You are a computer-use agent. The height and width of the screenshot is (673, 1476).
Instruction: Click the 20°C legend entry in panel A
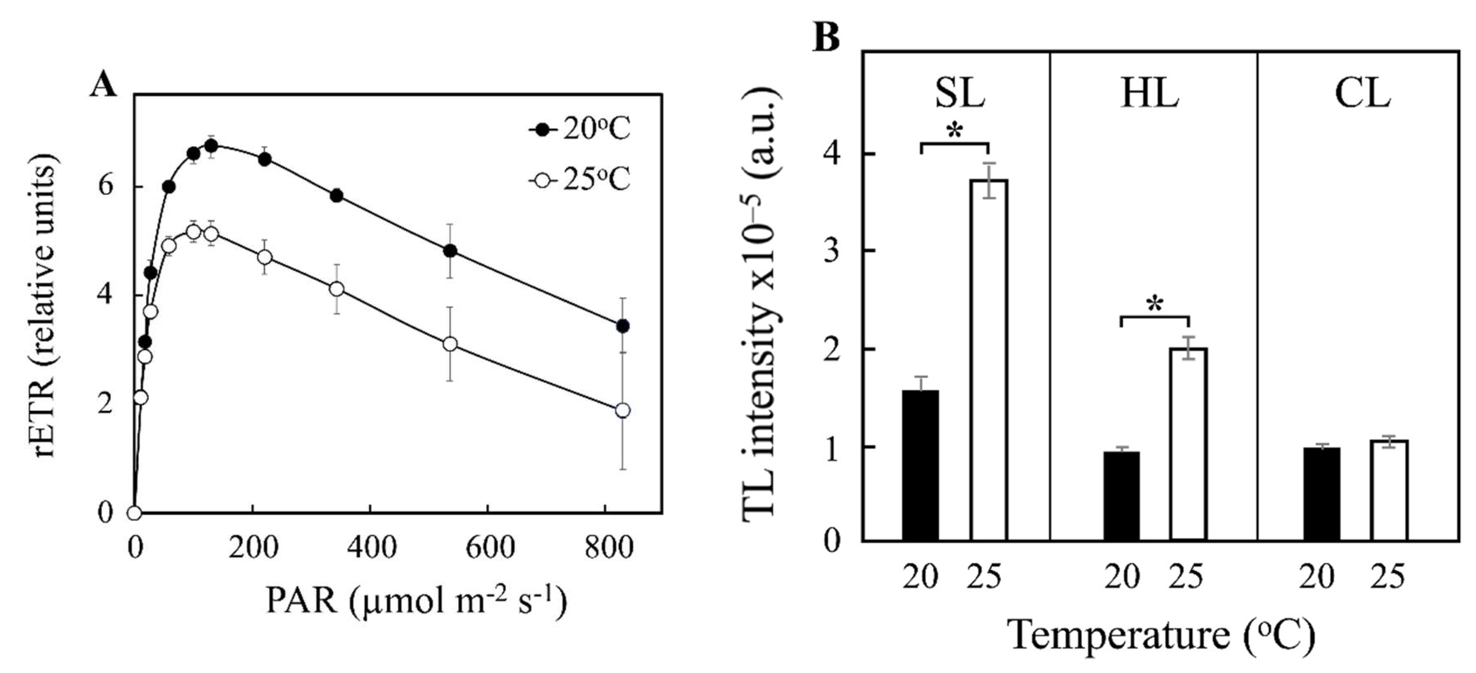point(579,129)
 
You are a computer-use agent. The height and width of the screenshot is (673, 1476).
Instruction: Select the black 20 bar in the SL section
point(921,465)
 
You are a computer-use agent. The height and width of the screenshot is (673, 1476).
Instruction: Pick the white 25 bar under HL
point(1189,444)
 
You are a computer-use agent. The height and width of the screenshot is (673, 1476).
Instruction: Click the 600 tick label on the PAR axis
point(490,548)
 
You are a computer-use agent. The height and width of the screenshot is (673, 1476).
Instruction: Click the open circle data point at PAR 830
point(623,411)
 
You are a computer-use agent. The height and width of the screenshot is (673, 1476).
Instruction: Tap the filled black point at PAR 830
point(623,326)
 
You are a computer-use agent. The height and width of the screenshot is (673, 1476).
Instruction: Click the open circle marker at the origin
point(134,512)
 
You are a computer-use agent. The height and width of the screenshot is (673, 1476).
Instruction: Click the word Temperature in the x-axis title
point(1119,634)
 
